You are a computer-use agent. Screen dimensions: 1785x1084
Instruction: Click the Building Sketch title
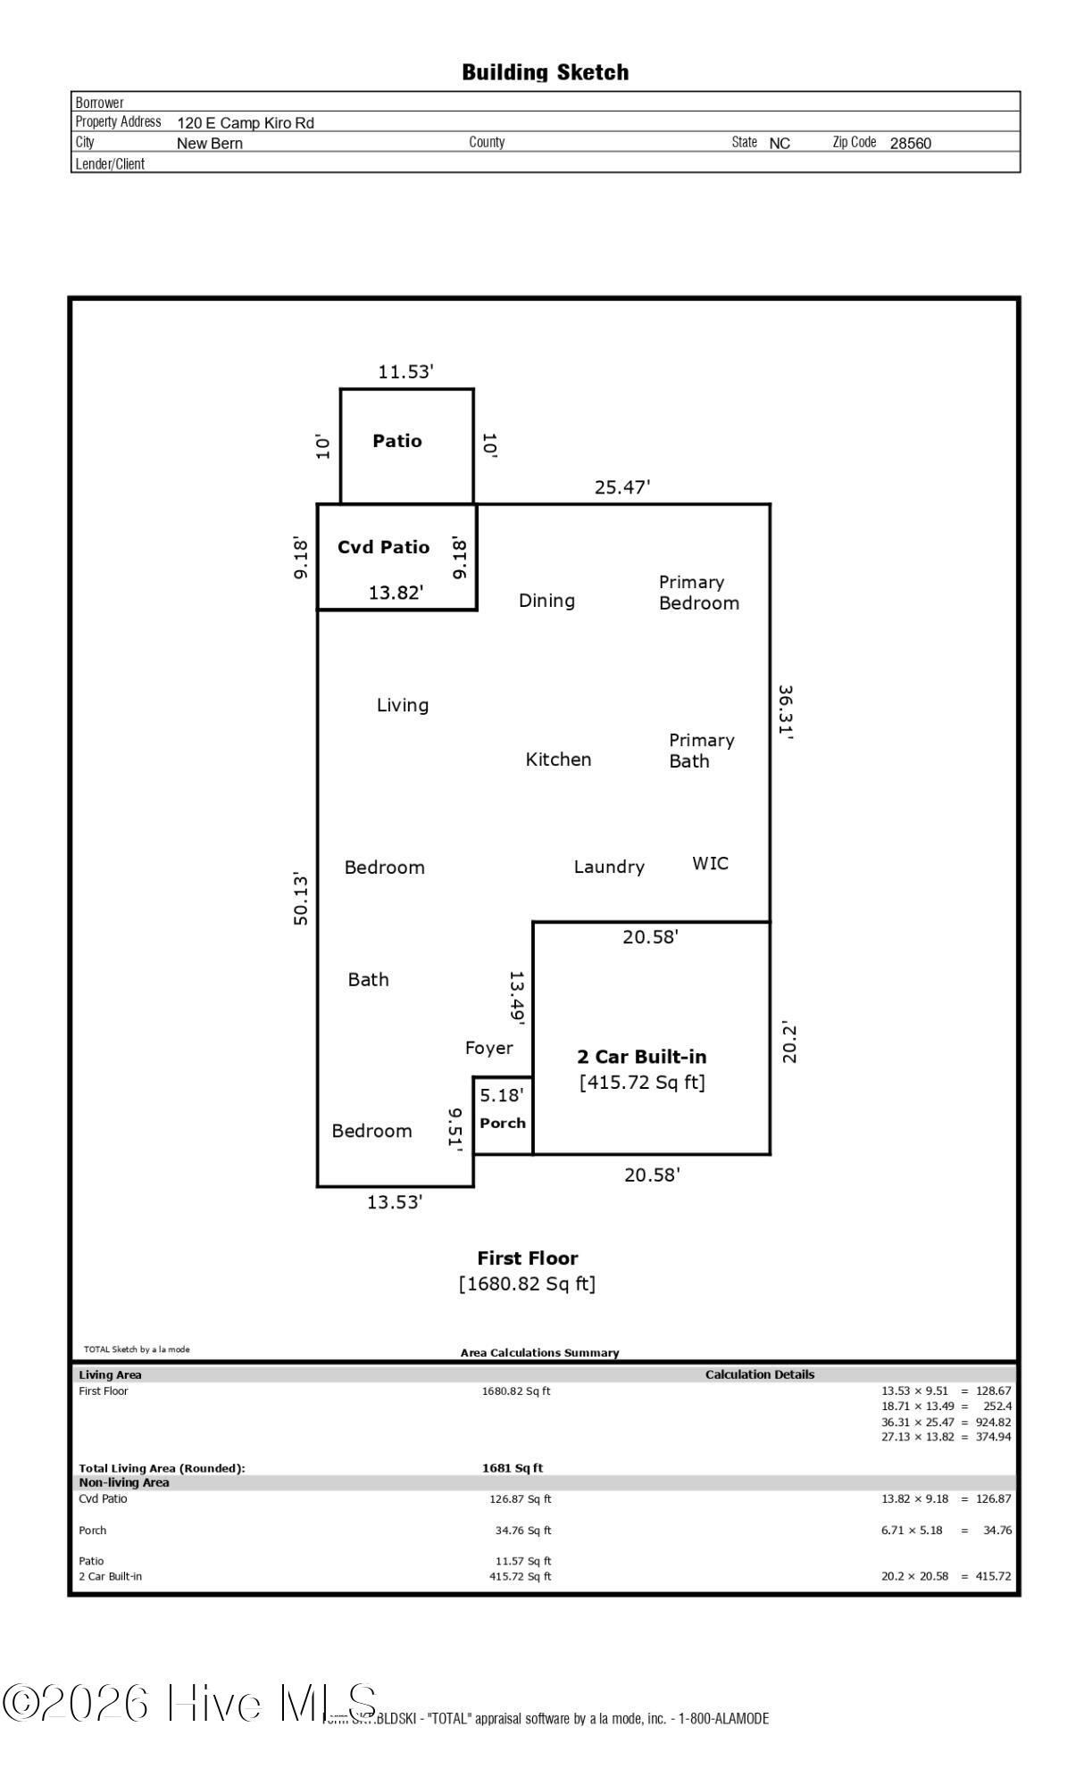click(x=545, y=72)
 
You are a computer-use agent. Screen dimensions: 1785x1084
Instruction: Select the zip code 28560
click(x=910, y=143)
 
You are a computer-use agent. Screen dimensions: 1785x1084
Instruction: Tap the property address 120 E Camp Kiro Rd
click(x=246, y=123)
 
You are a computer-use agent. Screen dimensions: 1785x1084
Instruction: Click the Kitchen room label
click(x=558, y=760)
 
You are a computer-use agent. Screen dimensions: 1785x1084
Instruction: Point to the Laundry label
click(x=609, y=867)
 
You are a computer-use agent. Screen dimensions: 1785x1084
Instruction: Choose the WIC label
click(x=710, y=863)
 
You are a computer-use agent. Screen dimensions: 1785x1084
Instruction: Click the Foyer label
click(x=488, y=1048)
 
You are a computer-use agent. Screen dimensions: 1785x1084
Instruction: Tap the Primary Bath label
click(x=701, y=751)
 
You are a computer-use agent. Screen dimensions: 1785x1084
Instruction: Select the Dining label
click(x=546, y=601)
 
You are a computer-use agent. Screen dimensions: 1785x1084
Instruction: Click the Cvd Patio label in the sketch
click(x=383, y=547)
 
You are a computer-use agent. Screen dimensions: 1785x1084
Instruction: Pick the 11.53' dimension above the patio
click(x=405, y=372)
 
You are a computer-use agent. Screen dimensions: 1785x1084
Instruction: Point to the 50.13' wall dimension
click(x=301, y=899)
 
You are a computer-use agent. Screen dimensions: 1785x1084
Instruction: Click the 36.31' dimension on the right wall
click(x=786, y=712)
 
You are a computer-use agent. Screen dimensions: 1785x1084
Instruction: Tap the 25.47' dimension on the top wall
click(x=622, y=487)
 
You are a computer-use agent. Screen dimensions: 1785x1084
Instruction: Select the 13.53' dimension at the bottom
click(x=395, y=1202)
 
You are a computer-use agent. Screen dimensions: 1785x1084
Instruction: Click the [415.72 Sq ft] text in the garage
click(x=642, y=1083)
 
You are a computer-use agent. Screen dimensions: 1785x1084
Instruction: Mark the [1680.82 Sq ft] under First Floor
click(x=527, y=1283)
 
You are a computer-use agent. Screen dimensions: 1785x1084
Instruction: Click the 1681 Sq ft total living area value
click(x=513, y=1468)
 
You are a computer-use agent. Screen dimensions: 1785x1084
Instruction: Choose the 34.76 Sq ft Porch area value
click(x=523, y=1531)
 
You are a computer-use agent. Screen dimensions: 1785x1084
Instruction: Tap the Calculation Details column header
click(x=760, y=1374)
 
